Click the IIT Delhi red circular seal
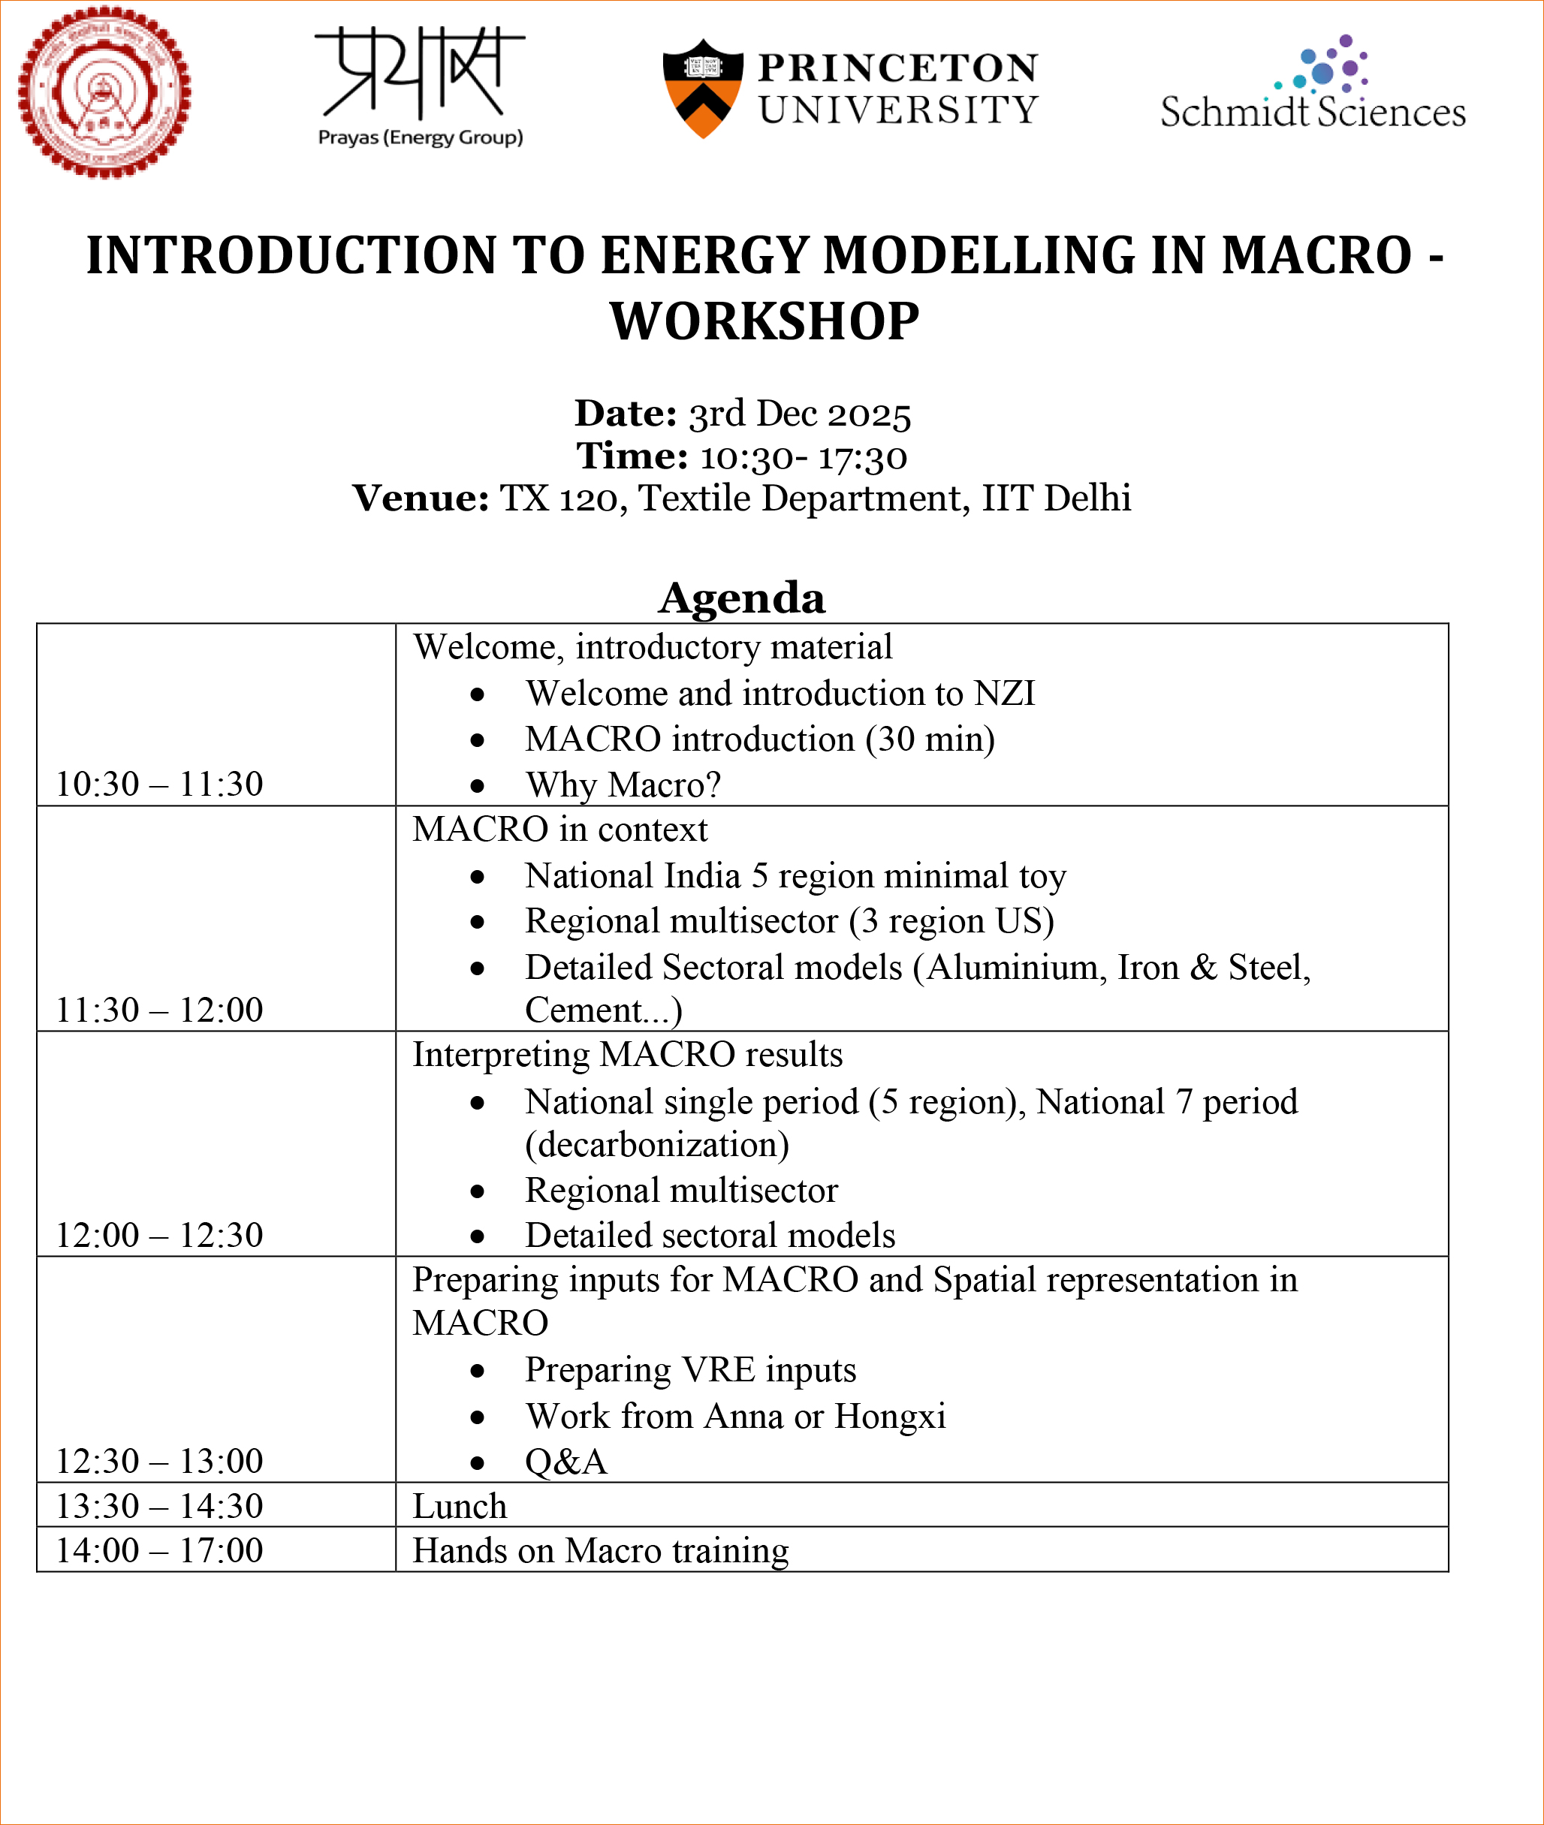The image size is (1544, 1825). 105,92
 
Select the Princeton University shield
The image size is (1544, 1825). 703,89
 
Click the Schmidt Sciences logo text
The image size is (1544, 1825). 1312,112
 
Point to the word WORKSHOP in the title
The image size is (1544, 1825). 764,321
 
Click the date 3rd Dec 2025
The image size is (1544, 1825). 799,414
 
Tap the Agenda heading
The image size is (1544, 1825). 741,598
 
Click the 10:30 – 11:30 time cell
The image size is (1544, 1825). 159,784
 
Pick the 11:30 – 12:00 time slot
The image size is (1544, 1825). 159,1010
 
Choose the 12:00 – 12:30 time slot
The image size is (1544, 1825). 159,1234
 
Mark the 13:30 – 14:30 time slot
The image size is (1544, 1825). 159,1506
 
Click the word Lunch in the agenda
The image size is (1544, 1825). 460,1507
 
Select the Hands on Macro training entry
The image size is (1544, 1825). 601,1550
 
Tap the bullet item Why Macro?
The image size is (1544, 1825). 623,785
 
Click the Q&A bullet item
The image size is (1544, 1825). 565,1461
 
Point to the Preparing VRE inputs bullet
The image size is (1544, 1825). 689,1369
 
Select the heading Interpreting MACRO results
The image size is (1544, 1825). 628,1054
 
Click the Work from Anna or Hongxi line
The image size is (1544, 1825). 735,1416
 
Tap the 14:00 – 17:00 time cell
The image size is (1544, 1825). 159,1550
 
